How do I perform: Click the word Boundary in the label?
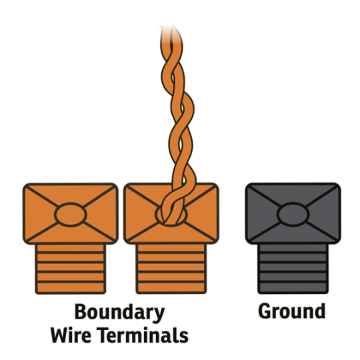[x=119, y=312]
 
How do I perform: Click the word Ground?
[x=292, y=311]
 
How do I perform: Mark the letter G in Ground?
[x=265, y=311]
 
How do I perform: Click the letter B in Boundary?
[x=80, y=312]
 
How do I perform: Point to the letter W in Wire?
[x=61, y=335]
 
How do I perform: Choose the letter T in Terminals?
[x=105, y=335]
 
